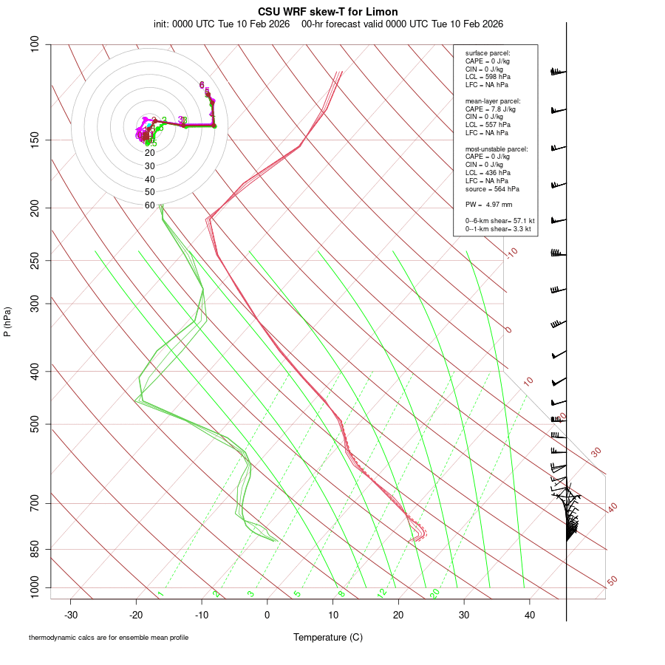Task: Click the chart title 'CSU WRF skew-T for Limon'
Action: click(x=328, y=12)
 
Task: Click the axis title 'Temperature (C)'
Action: click(x=328, y=637)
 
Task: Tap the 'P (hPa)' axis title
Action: click(x=7, y=321)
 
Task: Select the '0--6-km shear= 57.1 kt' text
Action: click(x=499, y=221)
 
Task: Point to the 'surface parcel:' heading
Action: click(x=488, y=53)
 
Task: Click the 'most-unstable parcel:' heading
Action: click(x=497, y=149)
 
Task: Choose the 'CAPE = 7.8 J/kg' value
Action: click(x=491, y=109)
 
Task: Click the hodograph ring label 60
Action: click(x=149, y=205)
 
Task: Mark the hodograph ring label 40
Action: click(x=149, y=180)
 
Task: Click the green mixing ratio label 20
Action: click(x=434, y=593)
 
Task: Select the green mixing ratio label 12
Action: click(x=381, y=593)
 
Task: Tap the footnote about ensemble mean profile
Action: click(x=109, y=638)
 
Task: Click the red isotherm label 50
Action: click(x=612, y=581)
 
